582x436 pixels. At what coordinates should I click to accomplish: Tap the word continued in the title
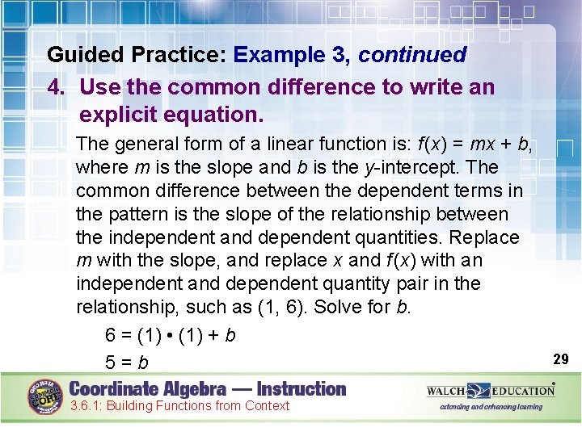click(x=412, y=55)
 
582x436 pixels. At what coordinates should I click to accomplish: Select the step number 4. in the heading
click(x=57, y=86)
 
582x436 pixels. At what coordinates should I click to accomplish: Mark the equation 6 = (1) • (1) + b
click(x=171, y=334)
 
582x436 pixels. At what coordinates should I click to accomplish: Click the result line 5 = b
click(x=127, y=363)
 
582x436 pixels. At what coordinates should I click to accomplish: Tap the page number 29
click(x=561, y=358)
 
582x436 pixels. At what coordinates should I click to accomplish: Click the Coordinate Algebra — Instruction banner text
click(x=208, y=388)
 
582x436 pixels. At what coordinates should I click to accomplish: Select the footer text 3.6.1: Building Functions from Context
click(x=179, y=405)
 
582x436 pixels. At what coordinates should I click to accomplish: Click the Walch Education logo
click(x=491, y=391)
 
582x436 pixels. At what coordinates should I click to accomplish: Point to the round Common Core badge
click(x=45, y=396)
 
